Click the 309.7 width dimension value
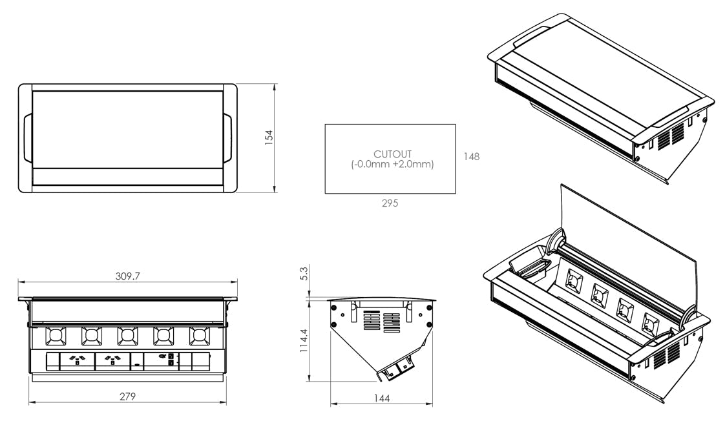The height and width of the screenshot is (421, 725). click(127, 276)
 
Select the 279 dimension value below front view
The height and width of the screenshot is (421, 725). click(128, 396)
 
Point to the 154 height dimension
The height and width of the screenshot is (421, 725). click(269, 138)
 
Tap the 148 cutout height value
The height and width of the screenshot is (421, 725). click(471, 156)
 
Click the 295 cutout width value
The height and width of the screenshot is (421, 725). click(390, 203)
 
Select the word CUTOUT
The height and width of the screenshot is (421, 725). click(392, 154)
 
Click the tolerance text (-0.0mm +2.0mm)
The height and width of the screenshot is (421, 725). click(392, 165)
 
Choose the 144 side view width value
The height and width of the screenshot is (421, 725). click(382, 398)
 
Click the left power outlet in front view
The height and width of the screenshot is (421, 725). click(77, 361)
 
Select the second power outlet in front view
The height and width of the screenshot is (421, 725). click(112, 361)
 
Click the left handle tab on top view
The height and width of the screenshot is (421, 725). click(27, 138)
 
